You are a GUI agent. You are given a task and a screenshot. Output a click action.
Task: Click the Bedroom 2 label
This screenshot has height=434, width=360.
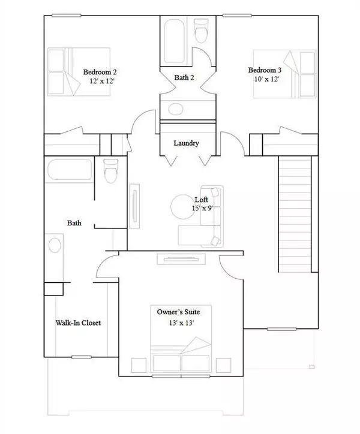pyautogui.click(x=100, y=73)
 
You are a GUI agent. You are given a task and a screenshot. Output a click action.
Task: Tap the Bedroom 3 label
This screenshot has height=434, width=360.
pyautogui.click(x=265, y=70)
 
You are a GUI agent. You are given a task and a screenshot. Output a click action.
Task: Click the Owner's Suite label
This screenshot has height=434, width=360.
pyautogui.click(x=178, y=312)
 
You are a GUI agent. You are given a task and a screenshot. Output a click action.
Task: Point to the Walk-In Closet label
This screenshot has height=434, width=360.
pyautogui.click(x=78, y=323)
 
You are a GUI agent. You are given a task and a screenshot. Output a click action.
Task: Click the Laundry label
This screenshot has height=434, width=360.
pyautogui.click(x=186, y=143)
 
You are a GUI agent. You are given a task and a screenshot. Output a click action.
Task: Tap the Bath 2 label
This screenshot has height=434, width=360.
pyautogui.click(x=185, y=76)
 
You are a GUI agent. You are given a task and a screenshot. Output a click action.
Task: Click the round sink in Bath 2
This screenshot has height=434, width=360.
pyautogui.click(x=176, y=108)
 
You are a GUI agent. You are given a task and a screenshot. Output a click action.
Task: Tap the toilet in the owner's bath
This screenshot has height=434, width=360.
pyautogui.click(x=110, y=171)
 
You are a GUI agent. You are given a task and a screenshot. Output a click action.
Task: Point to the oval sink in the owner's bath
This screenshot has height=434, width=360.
pyautogui.click(x=53, y=246)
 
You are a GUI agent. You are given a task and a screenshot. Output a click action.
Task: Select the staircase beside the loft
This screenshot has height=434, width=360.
pyautogui.click(x=296, y=213)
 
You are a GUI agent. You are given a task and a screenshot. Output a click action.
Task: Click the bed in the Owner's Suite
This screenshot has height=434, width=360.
pyautogui.click(x=181, y=357)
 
